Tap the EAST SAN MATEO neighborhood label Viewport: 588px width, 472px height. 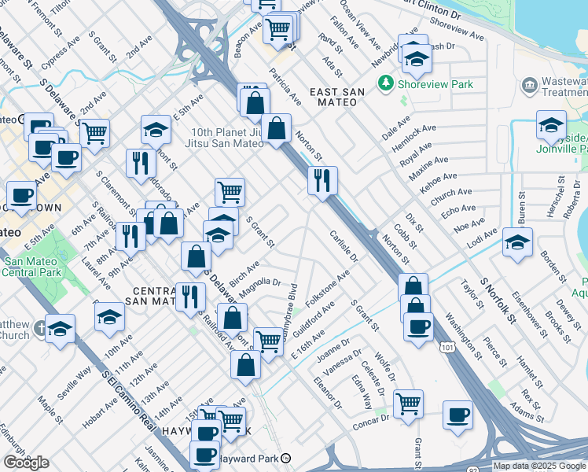[336, 92]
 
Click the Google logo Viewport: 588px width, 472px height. [26, 463]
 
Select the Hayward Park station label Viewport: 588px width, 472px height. [249, 458]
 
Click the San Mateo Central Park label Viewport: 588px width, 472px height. [31, 267]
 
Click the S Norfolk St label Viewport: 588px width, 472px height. [497, 300]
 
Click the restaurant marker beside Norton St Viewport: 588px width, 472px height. [323, 181]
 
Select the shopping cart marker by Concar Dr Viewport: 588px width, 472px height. [408, 404]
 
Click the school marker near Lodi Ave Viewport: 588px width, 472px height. [517, 242]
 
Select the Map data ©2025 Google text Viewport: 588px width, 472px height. [539, 466]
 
